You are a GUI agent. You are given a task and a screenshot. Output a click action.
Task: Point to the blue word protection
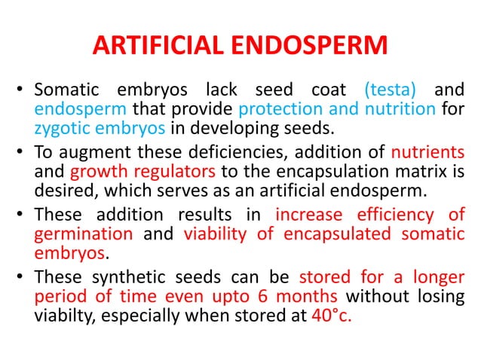tap(283, 110)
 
